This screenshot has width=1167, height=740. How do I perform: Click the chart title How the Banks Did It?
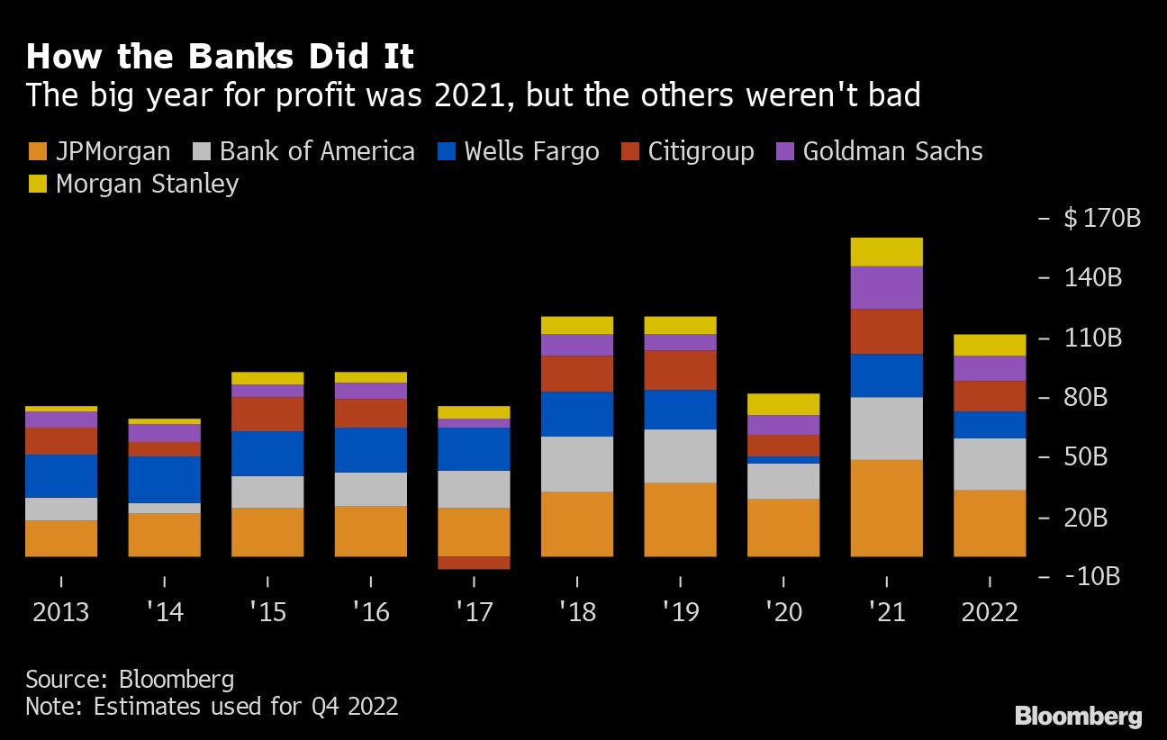point(220,57)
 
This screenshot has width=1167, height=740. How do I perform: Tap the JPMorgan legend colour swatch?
point(37,151)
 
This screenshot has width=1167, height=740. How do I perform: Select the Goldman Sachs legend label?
point(892,151)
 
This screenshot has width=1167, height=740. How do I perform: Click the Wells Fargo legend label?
point(531,151)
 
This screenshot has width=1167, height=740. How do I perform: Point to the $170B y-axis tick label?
point(1101,218)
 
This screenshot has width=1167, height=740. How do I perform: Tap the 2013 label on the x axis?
point(61,612)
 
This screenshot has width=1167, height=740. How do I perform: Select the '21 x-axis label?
point(886,612)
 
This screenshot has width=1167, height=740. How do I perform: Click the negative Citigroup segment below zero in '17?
point(474,563)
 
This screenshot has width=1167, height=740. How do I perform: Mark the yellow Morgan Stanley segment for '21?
point(886,252)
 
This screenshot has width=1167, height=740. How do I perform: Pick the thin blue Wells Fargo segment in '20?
point(783,459)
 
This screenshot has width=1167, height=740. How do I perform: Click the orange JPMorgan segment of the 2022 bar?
point(990,523)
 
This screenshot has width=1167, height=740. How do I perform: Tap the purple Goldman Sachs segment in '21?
point(886,287)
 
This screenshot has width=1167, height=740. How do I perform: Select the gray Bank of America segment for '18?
point(577,464)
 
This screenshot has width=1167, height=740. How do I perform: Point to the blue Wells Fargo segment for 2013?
point(61,475)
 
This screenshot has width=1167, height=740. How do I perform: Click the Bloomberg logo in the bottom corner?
point(1078,717)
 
